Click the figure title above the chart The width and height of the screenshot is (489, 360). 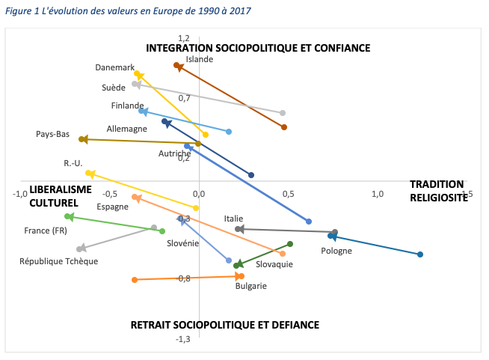(x=128, y=11)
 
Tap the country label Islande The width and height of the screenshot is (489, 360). (x=200, y=59)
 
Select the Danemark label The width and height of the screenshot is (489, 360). (x=114, y=67)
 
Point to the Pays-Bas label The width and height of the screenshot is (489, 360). (x=52, y=135)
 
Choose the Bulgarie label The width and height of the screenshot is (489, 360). (x=250, y=285)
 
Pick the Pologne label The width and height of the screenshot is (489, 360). (x=336, y=251)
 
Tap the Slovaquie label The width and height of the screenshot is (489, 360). (x=274, y=264)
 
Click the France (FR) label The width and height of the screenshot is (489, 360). (x=45, y=231)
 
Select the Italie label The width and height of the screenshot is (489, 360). (x=233, y=219)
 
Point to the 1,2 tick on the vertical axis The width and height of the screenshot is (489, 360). (x=184, y=37)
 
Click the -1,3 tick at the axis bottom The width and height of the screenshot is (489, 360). (x=183, y=339)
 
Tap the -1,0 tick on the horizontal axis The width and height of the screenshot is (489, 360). (x=20, y=194)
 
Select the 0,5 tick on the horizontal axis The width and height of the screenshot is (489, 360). (x=288, y=194)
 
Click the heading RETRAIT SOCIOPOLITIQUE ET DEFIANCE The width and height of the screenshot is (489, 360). (x=224, y=325)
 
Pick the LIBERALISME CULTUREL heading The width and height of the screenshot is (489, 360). (x=54, y=197)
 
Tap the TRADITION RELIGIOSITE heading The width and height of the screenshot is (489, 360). (x=437, y=191)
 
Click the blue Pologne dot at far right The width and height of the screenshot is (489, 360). (x=420, y=254)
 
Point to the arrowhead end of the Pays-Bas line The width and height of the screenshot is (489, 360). (x=84, y=139)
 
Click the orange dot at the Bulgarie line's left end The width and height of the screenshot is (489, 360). (x=135, y=280)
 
